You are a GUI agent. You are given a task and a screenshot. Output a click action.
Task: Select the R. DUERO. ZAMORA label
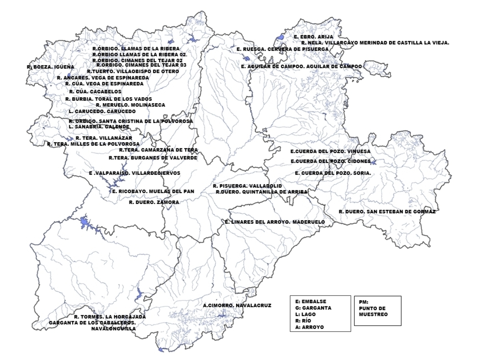154,202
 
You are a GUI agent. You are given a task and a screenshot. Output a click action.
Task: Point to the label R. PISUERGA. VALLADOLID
247,186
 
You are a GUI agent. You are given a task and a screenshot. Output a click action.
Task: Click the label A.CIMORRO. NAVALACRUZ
237,305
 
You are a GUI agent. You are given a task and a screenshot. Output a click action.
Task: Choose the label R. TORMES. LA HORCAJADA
110,317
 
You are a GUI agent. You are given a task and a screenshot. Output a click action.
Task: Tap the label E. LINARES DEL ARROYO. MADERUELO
275,222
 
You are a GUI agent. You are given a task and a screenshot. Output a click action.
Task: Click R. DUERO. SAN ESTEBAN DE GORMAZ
387,212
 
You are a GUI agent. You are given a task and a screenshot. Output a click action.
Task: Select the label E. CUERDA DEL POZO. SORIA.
333,173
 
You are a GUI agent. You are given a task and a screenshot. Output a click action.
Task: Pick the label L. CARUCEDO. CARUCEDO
102,111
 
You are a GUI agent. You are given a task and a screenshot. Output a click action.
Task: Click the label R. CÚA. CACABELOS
95,92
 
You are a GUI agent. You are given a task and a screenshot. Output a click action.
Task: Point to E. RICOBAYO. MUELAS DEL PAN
153,192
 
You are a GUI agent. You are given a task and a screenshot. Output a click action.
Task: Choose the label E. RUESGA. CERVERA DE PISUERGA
282,49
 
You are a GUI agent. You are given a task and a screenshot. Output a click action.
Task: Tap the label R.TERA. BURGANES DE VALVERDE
153,158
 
